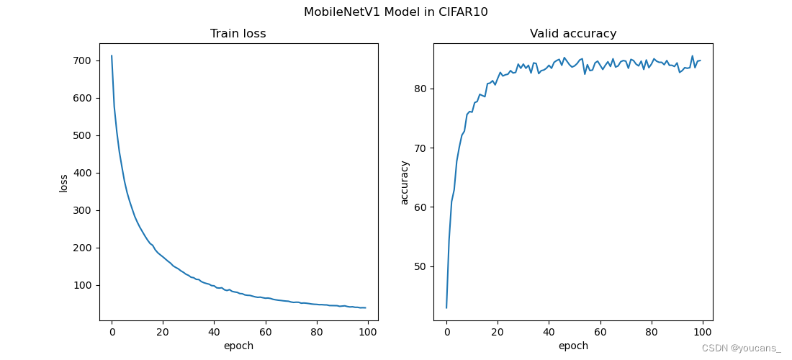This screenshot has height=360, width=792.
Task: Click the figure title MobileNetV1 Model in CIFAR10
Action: pos(395,12)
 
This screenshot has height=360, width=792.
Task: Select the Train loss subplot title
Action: pos(238,34)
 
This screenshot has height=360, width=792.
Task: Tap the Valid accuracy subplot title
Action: pos(573,34)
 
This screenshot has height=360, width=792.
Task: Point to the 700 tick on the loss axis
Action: pos(81,60)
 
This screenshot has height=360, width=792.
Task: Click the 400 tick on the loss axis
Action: pos(81,173)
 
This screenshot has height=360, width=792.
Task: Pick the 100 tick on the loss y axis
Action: pos(81,285)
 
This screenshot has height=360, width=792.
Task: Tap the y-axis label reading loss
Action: pos(63,182)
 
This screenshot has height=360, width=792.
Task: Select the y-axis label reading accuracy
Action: pos(404,182)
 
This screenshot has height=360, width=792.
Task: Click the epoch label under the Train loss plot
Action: pos(238,346)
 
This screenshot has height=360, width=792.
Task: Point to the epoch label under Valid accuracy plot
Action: pos(573,346)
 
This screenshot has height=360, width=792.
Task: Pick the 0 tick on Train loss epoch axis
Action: pos(112,332)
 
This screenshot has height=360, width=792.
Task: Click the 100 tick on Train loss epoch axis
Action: pos(368,332)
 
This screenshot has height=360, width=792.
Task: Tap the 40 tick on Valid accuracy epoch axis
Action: pos(549,332)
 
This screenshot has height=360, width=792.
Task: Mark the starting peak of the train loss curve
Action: pos(112,55)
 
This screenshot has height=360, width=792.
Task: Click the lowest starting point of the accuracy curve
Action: pos(446,307)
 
